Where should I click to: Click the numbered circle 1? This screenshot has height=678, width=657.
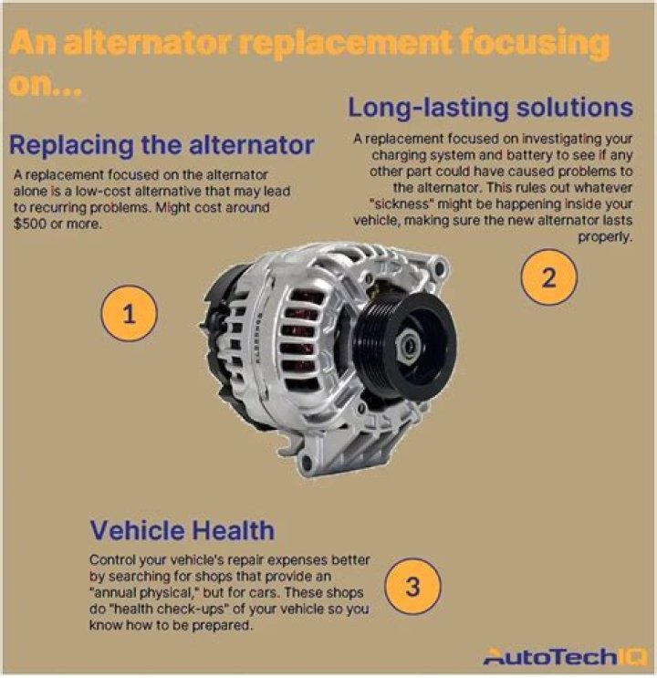[x=129, y=316]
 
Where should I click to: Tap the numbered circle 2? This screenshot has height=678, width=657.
[x=548, y=277]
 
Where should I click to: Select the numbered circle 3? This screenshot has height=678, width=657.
[x=412, y=586]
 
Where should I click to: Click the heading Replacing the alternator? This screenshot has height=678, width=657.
[x=162, y=145]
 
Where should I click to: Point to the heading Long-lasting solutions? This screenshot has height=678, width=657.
[x=490, y=107]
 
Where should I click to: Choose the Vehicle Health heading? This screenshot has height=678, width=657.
[x=182, y=530]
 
